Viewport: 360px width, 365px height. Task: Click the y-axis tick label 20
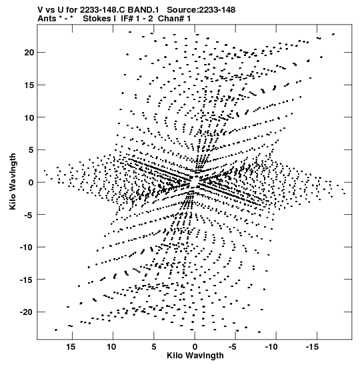29,52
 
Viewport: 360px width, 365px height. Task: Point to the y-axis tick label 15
29,85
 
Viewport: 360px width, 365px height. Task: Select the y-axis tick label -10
27,247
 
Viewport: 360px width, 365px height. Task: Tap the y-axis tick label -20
27,312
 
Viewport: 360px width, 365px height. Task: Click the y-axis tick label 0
31,182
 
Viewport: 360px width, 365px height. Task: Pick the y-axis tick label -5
29,215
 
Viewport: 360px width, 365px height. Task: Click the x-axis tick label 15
71,347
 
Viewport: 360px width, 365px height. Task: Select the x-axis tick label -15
312,347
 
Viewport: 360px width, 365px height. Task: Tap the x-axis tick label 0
195,347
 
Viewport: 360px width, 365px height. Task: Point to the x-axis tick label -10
271,347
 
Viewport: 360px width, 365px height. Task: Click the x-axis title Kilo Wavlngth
195,356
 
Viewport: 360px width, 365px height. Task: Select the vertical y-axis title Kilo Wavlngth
13,181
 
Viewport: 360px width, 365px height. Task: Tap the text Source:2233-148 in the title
201,10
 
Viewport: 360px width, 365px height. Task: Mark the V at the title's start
41,10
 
